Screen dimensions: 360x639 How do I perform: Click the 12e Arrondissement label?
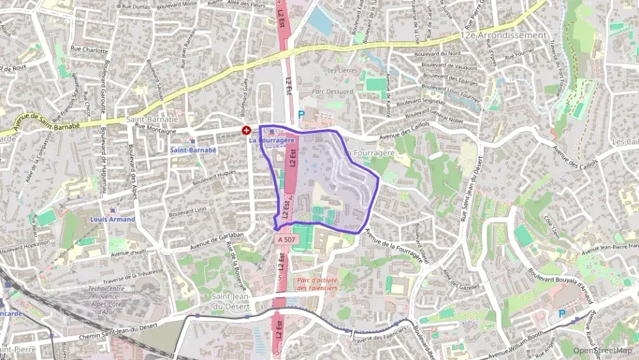click(x=503, y=35)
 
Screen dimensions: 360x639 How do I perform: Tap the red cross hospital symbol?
click(x=246, y=129)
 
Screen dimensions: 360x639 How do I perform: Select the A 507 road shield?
click(x=286, y=240)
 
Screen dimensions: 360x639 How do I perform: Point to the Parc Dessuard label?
click(x=332, y=91)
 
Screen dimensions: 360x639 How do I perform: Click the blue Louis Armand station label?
click(x=113, y=219)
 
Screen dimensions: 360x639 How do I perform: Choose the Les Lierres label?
click(x=342, y=70)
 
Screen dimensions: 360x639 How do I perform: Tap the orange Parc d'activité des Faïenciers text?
click(x=317, y=283)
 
